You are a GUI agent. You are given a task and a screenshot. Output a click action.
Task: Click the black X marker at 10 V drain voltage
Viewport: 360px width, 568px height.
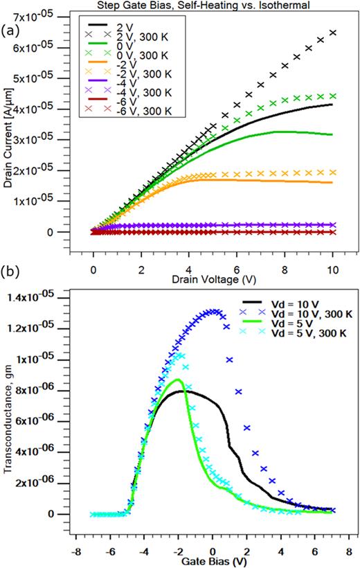click(333, 33)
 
